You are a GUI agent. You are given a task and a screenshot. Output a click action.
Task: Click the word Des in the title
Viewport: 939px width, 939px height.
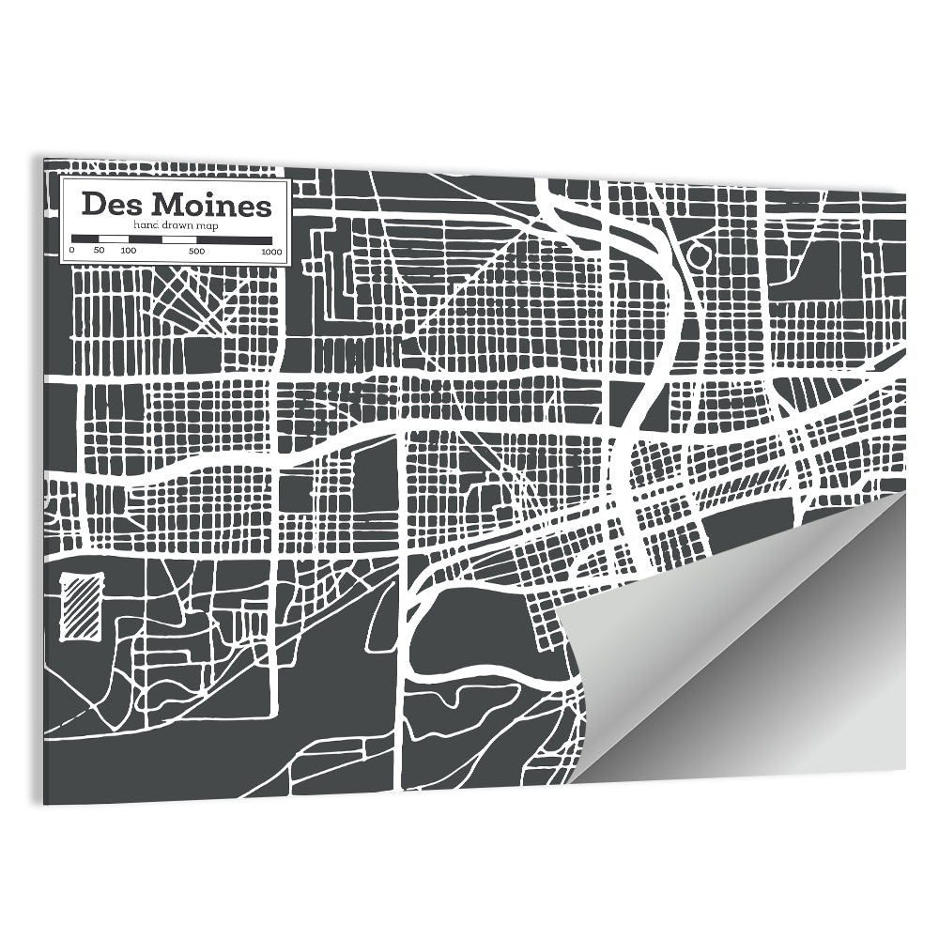point(111,204)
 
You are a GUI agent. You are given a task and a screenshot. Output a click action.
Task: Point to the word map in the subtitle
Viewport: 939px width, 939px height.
point(208,226)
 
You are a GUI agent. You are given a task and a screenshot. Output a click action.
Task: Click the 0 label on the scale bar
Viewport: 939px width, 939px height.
point(71,251)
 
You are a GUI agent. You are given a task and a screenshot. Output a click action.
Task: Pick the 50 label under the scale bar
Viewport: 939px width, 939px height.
point(100,251)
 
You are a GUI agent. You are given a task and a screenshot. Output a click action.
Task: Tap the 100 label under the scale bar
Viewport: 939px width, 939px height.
point(129,251)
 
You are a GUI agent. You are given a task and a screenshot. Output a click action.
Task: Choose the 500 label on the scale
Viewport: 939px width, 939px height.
point(195,251)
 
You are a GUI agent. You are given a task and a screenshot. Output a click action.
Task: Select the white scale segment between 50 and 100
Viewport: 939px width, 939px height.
point(113,239)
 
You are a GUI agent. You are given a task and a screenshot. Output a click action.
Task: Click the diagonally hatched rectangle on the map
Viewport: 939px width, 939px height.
point(82,608)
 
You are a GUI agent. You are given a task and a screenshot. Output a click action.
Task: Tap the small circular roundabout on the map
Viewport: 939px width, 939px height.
point(698,254)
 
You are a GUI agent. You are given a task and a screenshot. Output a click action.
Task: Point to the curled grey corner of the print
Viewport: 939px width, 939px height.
point(742,648)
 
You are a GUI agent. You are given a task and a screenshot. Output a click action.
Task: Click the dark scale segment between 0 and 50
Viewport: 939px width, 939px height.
point(85,239)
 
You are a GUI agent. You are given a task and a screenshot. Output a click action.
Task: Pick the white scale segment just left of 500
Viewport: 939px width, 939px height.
point(178,239)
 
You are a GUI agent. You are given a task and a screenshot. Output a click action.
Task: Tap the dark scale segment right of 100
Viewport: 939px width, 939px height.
point(145,239)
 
